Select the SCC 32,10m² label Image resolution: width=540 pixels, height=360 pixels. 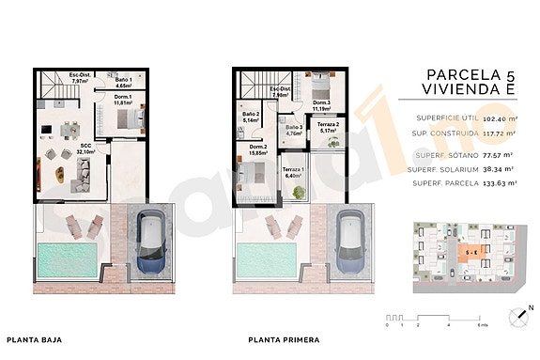85,149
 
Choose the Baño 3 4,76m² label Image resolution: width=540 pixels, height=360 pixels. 294,130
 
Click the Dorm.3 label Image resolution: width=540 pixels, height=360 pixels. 321,105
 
